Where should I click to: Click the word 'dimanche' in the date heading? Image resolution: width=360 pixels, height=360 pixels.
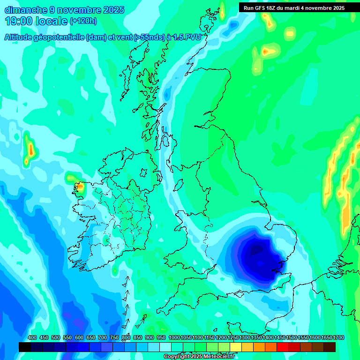[24, 9]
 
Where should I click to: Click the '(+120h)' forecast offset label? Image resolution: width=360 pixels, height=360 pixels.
[83, 21]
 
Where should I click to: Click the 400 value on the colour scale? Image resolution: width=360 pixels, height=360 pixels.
[32, 337]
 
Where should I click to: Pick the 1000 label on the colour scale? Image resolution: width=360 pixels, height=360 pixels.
[174, 337]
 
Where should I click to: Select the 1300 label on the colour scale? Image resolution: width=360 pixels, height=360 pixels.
[245, 337]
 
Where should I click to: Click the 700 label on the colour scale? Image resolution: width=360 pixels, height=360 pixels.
[103, 337]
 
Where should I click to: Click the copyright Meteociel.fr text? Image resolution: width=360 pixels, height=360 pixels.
[199, 357]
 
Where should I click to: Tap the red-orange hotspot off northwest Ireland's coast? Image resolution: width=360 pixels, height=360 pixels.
[79, 187]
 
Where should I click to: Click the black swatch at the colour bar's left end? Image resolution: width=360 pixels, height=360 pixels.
[25, 347]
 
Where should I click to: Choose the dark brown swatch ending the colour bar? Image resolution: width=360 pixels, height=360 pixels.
[330, 347]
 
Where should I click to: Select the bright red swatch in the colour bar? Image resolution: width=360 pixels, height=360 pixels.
[283, 347]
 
